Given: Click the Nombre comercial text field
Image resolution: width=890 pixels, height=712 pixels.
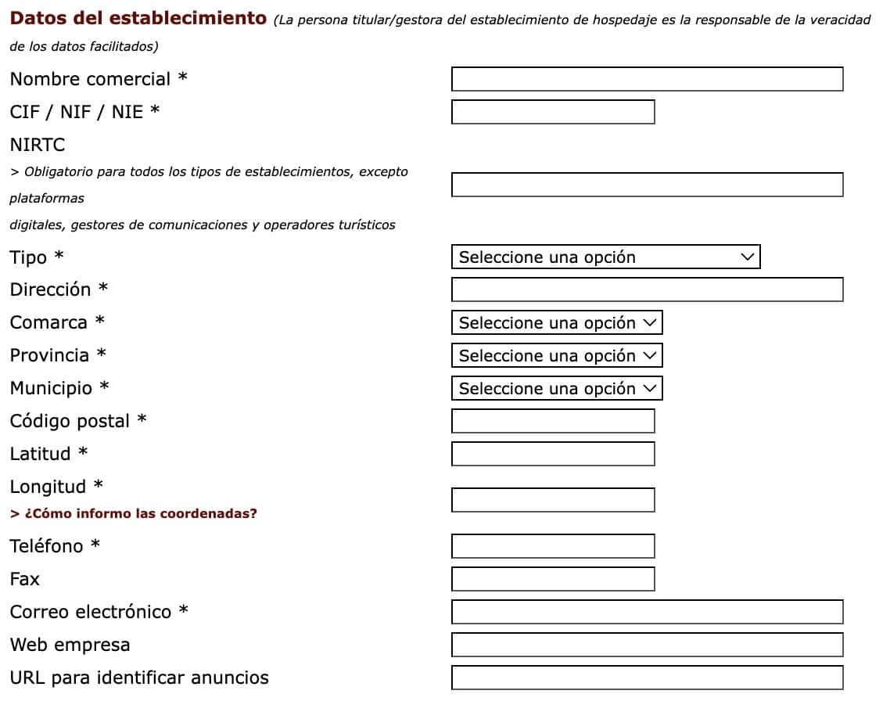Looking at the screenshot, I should point(647,79).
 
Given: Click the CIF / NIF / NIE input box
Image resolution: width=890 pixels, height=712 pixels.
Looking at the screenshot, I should point(553,112).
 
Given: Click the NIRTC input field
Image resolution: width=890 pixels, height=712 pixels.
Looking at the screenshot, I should point(647,185).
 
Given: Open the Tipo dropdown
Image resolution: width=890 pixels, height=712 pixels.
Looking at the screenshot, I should point(605,257).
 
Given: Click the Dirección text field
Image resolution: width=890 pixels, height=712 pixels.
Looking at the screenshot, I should point(647,289).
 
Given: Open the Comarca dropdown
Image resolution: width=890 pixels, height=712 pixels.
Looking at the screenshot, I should point(557,322).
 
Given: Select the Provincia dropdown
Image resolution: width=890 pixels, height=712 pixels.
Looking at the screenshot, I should point(557,355).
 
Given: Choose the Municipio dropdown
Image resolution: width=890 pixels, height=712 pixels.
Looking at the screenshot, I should point(557,388).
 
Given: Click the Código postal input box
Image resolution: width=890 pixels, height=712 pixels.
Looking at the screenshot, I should point(553,421).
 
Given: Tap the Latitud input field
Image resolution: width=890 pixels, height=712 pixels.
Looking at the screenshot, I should point(553,454).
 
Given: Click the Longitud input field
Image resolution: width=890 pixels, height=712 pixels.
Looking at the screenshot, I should point(553,500).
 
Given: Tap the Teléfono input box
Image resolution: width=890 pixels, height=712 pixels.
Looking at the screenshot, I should point(553,546).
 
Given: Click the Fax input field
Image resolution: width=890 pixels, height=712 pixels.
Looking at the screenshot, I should point(553,579).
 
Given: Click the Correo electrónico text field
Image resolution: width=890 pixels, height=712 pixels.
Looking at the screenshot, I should point(647,612).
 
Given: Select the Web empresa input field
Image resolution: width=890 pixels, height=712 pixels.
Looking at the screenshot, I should point(647,645).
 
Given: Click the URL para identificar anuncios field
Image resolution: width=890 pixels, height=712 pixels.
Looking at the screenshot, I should point(647,678).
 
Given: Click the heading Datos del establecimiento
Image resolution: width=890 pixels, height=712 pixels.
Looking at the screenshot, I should point(138,18).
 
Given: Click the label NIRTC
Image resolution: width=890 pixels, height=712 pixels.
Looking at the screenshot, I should point(38,145).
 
